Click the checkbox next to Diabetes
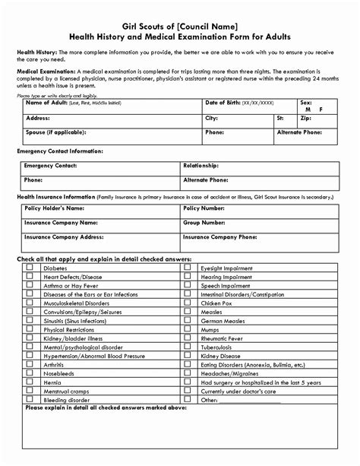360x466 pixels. pos(30,268)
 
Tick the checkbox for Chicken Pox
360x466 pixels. pos(188,302)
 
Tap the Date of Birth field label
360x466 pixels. pos(223,102)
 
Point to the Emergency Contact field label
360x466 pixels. pos(50,165)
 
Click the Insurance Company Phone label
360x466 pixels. pos(219,236)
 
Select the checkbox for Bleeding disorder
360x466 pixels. pos(30,398)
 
